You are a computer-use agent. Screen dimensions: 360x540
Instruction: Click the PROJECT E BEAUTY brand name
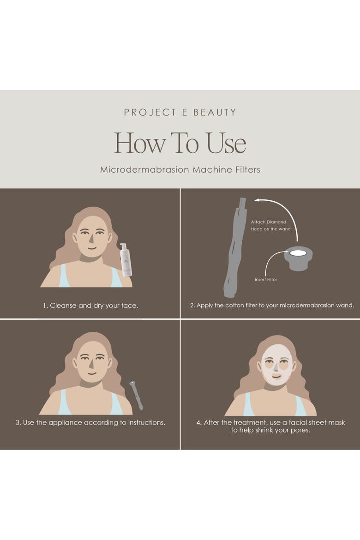(x=180, y=112)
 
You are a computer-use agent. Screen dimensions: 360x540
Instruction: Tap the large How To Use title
(x=180, y=143)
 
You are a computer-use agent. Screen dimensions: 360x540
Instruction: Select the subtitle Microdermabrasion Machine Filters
(x=180, y=169)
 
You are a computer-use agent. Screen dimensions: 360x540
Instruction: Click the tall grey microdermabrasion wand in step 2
(x=234, y=247)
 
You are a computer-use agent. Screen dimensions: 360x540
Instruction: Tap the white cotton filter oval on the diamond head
(x=298, y=253)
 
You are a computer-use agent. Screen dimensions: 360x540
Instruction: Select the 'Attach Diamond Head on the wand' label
(x=271, y=226)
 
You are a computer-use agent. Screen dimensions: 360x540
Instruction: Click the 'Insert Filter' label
(x=265, y=280)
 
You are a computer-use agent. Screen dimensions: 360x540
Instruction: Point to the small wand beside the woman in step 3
(x=136, y=395)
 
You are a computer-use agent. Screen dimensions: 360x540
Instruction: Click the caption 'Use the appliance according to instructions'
(x=90, y=423)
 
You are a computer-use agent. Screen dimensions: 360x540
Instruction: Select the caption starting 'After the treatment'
(x=270, y=426)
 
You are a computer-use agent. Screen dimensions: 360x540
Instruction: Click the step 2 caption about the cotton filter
(x=272, y=305)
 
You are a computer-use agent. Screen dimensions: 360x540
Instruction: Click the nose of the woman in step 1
(x=92, y=238)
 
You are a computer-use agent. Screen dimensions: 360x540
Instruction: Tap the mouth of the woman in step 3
(x=92, y=373)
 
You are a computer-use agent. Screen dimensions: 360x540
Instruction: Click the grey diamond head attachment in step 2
(x=298, y=258)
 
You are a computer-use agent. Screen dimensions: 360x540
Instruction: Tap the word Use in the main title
(x=226, y=143)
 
